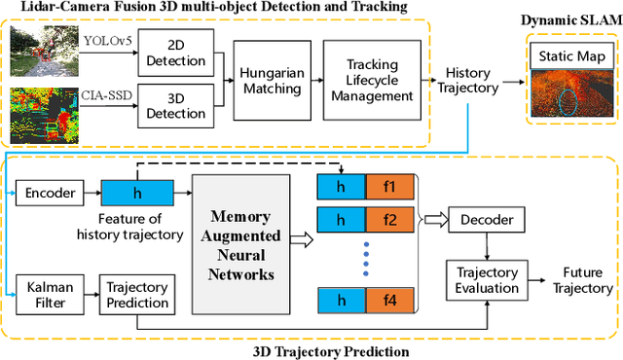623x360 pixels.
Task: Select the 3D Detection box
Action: pos(174,105)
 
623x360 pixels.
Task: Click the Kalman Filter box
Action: pos(48,297)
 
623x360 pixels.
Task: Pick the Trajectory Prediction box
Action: pos(136,297)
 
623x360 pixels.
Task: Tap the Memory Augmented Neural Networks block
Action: pos(246,248)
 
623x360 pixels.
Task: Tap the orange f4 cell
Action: pos(390,303)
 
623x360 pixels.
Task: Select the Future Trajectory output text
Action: pos(582,280)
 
